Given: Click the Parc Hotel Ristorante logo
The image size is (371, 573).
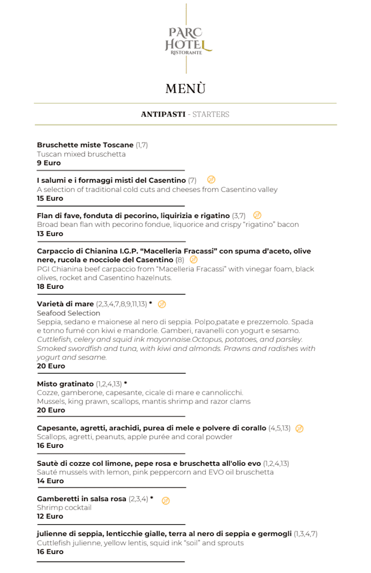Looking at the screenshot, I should click(x=186, y=39).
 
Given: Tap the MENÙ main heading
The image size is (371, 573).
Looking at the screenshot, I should click(x=185, y=89).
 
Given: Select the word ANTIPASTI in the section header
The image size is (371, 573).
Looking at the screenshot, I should click(x=162, y=114).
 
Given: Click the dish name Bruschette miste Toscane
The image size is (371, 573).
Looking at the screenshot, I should click(x=85, y=145).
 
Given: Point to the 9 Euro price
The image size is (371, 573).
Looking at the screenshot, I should click(x=49, y=164).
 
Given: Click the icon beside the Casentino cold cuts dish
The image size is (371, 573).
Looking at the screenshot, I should click(x=211, y=180).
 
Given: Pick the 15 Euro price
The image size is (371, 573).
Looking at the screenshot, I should click(x=50, y=198).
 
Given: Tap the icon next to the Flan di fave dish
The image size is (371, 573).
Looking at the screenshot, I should click(x=257, y=215).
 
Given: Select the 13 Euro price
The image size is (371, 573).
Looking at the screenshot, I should click(x=50, y=234).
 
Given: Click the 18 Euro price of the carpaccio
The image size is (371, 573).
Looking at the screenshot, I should click(x=50, y=286).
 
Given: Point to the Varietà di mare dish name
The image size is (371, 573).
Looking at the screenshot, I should click(x=65, y=304).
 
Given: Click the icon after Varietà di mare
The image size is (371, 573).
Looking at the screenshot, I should click(x=162, y=304).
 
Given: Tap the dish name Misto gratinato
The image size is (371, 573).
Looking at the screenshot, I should click(x=65, y=384).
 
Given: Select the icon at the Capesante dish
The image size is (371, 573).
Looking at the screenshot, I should click(x=299, y=429).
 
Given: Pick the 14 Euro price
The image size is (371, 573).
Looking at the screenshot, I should click(x=50, y=481).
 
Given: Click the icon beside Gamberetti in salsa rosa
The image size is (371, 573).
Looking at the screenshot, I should click(x=166, y=500).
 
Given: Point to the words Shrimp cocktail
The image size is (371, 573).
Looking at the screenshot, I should click(x=64, y=507).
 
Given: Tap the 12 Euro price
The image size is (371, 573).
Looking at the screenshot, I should click(x=50, y=516).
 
